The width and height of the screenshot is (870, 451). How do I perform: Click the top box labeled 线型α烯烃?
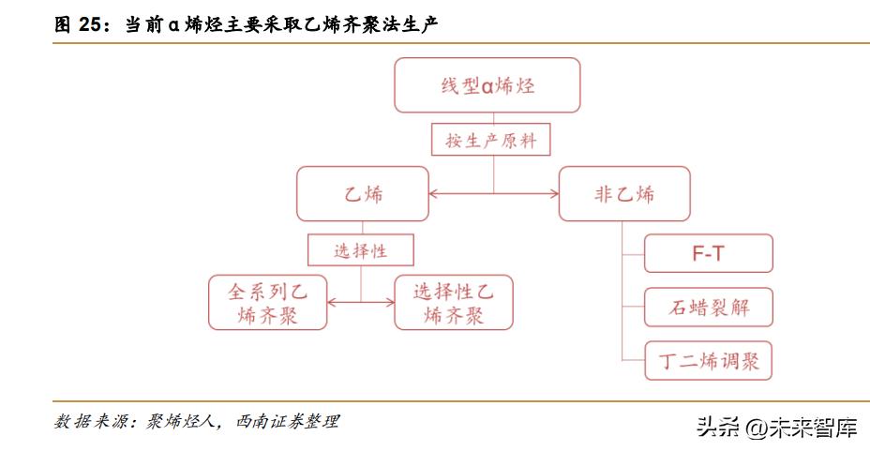487,86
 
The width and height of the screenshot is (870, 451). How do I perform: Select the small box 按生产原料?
491,141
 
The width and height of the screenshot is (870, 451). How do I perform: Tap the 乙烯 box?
363,195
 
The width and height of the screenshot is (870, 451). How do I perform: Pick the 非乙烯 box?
624,195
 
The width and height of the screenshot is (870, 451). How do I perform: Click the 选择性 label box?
361,250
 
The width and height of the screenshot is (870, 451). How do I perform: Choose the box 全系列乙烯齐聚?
268,303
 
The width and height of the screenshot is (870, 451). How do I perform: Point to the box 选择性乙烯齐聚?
454,303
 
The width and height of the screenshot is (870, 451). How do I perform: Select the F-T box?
709,254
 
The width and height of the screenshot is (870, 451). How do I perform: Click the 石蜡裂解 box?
709,307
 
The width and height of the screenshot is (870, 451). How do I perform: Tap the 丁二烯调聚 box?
709,360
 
